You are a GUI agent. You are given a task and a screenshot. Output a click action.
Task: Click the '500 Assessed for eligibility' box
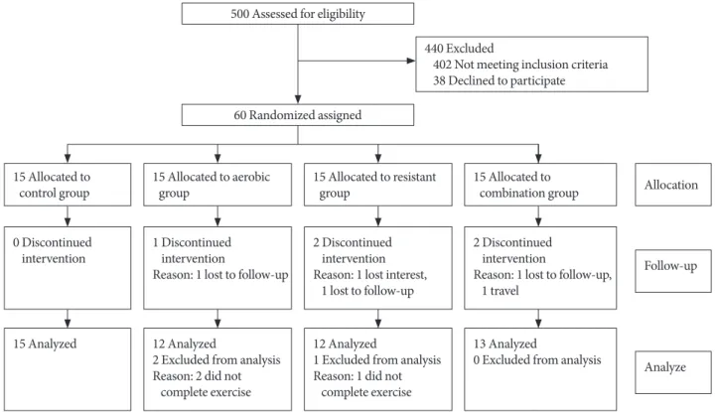pyautogui.click(x=298, y=14)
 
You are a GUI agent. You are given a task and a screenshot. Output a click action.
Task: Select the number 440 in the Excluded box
pyautogui.click(x=434, y=48)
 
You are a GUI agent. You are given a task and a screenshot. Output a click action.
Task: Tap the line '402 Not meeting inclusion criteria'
pyautogui.click(x=520, y=65)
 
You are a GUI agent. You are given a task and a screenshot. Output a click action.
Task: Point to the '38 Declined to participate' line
pyautogui.click(x=499, y=80)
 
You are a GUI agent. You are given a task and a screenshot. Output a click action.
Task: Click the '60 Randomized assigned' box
pyautogui.click(x=298, y=115)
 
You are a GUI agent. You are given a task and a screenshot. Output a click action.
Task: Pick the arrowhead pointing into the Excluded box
pyautogui.click(x=411, y=61)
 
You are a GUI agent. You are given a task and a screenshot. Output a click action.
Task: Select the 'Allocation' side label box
pyautogui.click(x=673, y=185)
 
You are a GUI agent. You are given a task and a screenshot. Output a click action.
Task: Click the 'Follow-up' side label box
pyautogui.click(x=673, y=271)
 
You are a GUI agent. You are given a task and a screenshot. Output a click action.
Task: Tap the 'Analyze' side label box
pyautogui.click(x=673, y=372)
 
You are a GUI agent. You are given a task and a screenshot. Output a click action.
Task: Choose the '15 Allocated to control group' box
pyautogui.click(x=68, y=185)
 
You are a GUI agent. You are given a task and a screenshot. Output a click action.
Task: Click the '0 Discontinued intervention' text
pyautogui.click(x=52, y=250)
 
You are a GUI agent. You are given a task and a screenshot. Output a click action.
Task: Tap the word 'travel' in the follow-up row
pyautogui.click(x=504, y=291)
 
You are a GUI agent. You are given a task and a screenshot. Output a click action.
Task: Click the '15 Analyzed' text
pyautogui.click(x=45, y=343)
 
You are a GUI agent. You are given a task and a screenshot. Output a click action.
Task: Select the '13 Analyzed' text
pyautogui.click(x=504, y=343)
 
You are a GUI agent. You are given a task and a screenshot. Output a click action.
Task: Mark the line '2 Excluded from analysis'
pyautogui.click(x=216, y=359)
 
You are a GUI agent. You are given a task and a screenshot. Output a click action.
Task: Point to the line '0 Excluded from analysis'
pyautogui.click(x=537, y=359)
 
